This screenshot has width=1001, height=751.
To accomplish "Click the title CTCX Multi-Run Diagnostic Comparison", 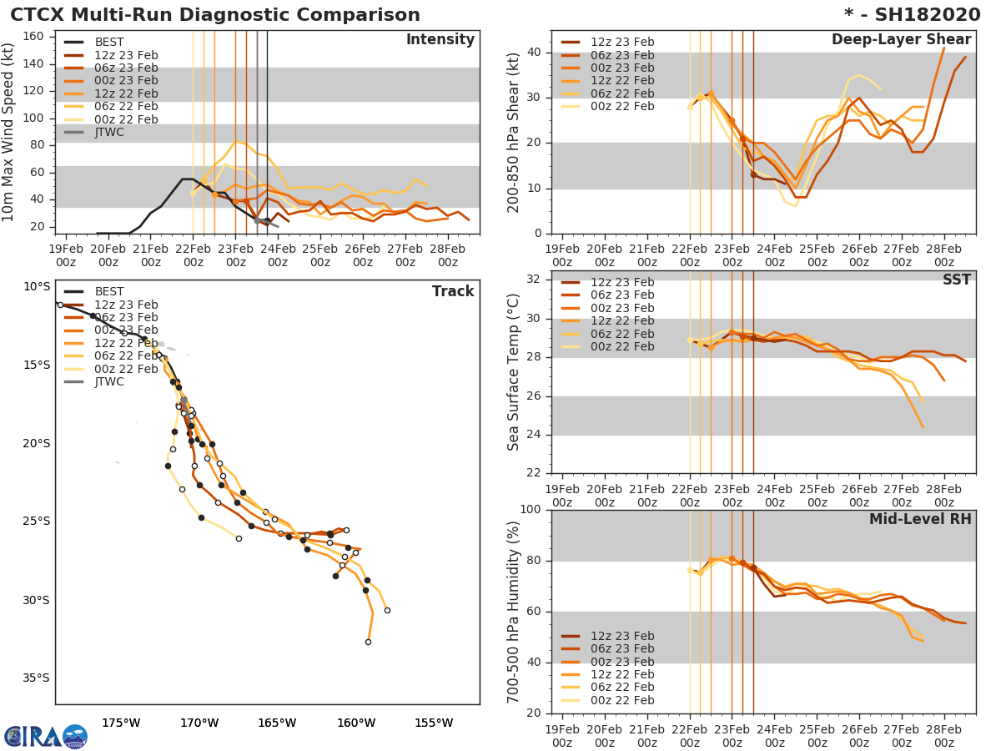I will [215, 15].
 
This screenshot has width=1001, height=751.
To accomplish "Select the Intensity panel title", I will [440, 40].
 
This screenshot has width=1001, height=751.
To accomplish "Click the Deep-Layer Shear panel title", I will [901, 40].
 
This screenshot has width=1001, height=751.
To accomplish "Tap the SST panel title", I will [957, 280].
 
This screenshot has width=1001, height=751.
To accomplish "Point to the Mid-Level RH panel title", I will [920, 519].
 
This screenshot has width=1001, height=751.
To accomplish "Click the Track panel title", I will [453, 291].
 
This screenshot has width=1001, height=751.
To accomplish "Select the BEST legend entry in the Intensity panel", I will [109, 42].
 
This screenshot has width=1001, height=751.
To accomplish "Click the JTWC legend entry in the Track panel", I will [109, 381].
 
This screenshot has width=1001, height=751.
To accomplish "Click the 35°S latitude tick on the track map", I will [36, 678].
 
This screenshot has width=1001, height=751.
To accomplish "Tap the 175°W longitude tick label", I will [121, 723].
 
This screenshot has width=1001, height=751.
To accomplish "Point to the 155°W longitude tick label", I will [434, 723].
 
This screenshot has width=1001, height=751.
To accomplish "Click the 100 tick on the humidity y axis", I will [529, 510].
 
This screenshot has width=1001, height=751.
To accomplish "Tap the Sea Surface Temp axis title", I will [514, 372].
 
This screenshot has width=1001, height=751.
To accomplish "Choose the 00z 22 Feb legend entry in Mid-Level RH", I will [621, 700].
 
